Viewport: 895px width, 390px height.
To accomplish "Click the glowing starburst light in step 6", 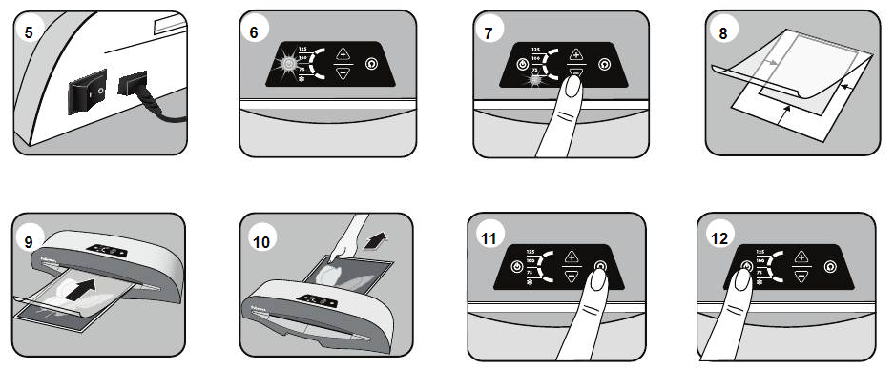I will pos(286,64).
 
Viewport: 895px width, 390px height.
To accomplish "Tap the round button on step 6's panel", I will pos(371,64).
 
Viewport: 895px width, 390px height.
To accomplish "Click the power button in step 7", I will pos(521,64).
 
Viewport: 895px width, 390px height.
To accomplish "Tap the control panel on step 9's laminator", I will pos(107,252).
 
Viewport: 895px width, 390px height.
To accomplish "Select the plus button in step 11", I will pos(572,256).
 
